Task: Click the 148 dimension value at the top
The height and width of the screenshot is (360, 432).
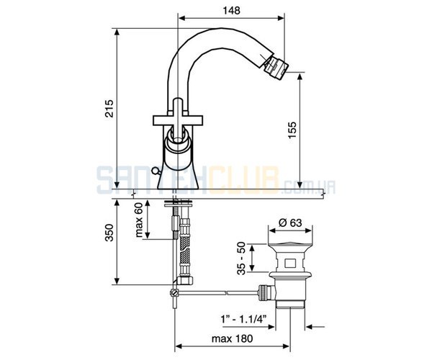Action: pos(231,10)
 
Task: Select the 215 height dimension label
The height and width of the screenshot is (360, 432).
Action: pos(109,109)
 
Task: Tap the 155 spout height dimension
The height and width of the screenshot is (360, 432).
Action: pos(292,130)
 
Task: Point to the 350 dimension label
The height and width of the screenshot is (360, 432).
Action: pos(109,233)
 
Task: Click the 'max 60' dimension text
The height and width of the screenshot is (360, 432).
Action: pos(139,220)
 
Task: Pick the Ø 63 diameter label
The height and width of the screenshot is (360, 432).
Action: pos(290,222)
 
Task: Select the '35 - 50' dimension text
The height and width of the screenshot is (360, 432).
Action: pos(241,258)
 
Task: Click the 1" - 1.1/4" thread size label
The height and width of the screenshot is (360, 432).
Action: pos(244,320)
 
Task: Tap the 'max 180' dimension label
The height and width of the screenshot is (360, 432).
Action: pos(232,338)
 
